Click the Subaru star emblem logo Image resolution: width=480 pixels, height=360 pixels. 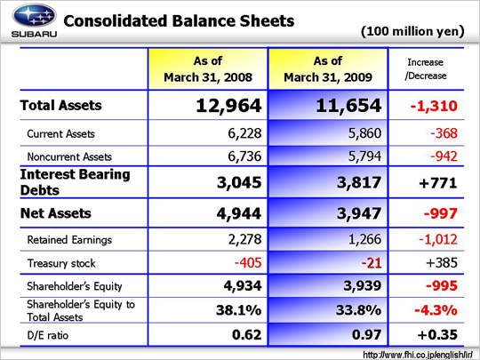coord(34,15)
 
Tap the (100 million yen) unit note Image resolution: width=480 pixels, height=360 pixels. coord(412,31)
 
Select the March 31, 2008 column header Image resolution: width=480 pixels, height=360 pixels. coord(208,68)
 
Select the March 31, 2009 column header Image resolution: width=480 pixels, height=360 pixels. coord(328,68)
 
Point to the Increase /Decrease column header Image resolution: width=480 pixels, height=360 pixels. coord(426,68)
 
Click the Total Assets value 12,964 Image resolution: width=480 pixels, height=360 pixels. coord(228,105)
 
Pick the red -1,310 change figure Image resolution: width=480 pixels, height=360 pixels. coord(434,106)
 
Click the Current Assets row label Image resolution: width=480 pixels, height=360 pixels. coord(61,133)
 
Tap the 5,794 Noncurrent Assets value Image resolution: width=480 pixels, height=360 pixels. coord(365,156)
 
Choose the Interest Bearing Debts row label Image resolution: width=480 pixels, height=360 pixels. coord(75,182)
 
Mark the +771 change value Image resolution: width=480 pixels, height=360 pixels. coord(438,183)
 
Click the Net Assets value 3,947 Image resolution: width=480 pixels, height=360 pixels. coord(359,213)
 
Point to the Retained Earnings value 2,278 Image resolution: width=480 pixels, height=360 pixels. coord(245,239)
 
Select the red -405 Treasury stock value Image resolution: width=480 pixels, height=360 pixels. coord(248,262)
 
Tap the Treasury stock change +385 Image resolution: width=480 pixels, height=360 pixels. coord(442,262)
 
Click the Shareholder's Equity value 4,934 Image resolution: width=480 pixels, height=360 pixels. coord(243,286)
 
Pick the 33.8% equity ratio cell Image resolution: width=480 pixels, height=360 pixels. coord(359,310)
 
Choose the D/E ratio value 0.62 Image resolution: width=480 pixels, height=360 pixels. coord(247,334)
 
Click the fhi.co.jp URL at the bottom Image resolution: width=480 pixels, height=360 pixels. coord(418,355)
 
